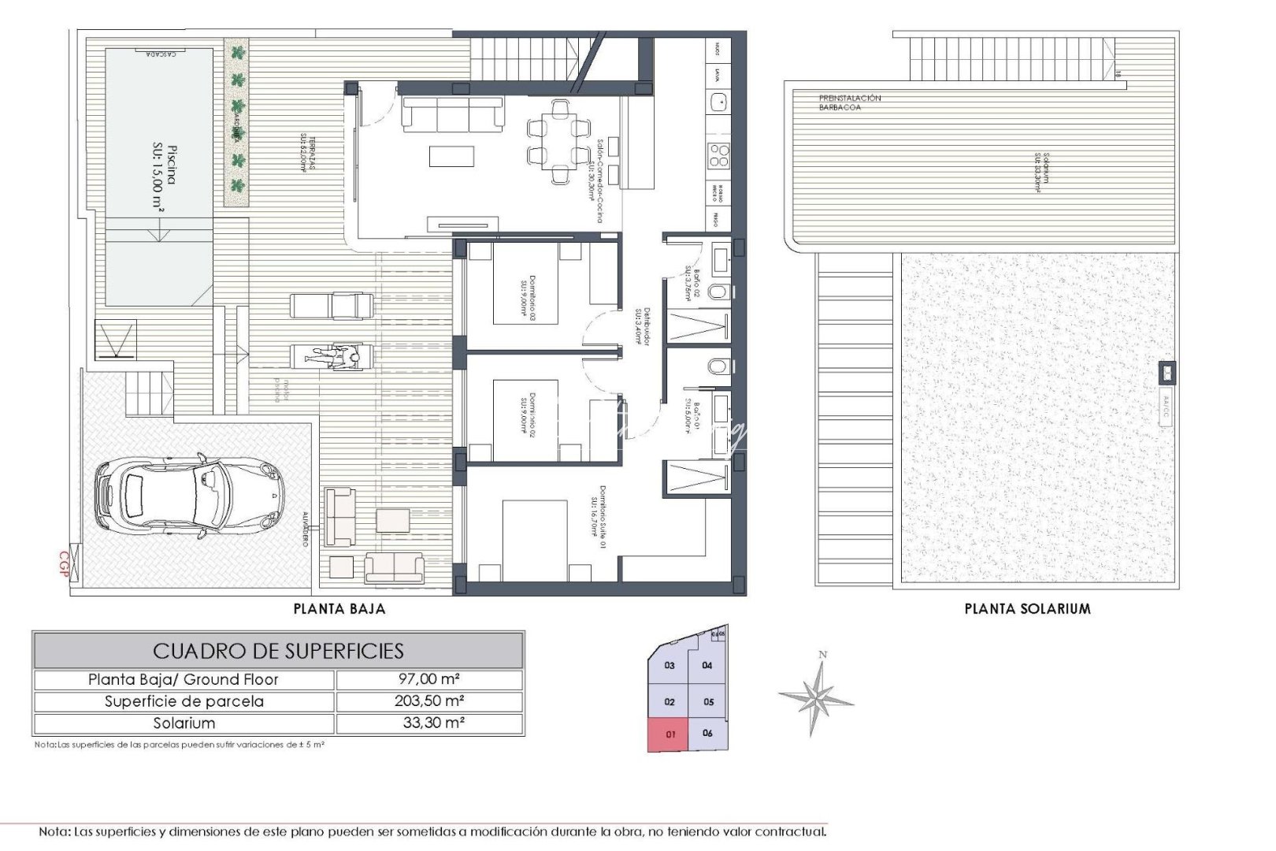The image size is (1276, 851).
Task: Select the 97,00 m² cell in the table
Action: click(429, 679)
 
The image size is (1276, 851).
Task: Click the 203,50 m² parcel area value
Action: click(429, 701)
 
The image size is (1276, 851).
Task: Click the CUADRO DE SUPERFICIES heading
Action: click(278, 651)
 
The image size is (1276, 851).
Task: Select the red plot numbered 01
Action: click(668, 734)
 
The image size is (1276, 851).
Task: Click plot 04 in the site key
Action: click(707, 666)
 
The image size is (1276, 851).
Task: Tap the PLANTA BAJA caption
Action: click(339, 609)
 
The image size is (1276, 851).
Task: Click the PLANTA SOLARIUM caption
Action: click(1027, 609)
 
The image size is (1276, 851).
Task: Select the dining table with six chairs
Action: click(559, 140)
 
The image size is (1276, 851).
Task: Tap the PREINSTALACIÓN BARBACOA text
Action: click(849, 102)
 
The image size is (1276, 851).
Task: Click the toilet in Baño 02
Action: click(718, 292)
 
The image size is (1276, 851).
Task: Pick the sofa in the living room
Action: click(453, 113)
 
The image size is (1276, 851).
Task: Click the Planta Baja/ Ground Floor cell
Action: click(184, 679)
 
